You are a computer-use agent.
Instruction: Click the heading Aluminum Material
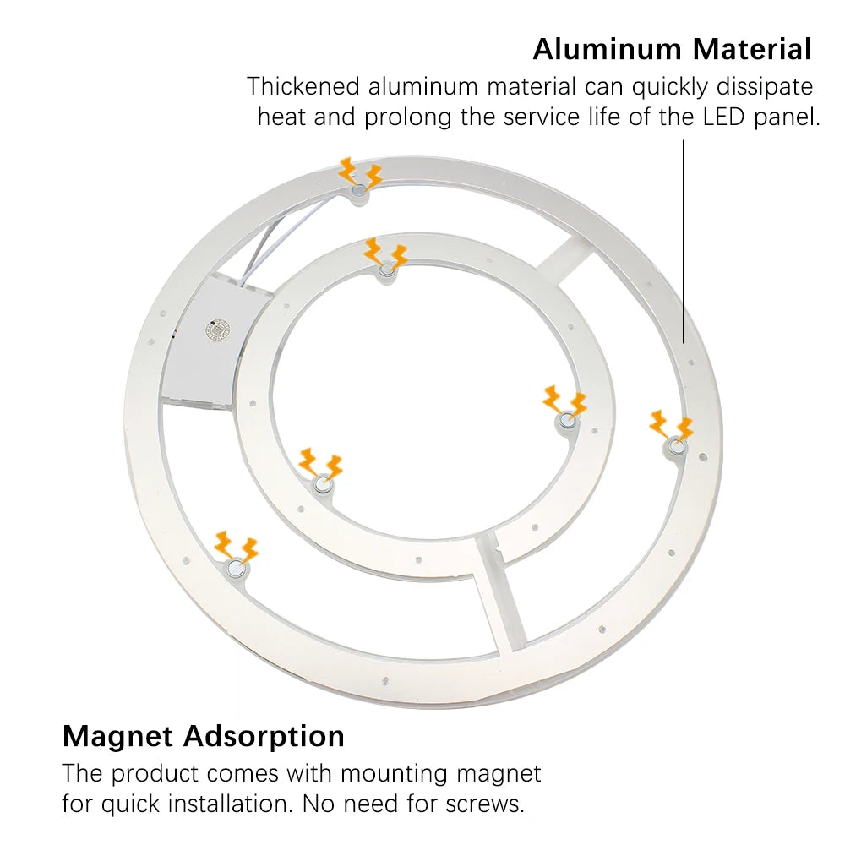tap(672, 50)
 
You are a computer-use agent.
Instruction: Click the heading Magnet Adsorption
tap(203, 737)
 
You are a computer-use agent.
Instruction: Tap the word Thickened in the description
tap(303, 86)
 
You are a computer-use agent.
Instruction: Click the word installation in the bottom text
tap(232, 804)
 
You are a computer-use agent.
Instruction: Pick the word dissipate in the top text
tap(764, 86)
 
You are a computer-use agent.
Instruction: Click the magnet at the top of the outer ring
tap(357, 190)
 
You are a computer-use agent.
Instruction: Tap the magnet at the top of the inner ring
tap(386, 270)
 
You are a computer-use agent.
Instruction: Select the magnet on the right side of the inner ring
tap(566, 419)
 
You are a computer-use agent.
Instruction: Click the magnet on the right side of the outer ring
tap(676, 445)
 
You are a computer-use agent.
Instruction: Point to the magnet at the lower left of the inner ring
tap(323, 483)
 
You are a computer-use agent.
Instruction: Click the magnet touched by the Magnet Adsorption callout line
tap(237, 567)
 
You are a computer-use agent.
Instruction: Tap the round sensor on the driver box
tap(218, 330)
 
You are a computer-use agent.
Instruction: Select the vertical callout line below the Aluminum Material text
tap(684, 242)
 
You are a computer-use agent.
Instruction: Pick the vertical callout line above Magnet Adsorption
tap(237, 646)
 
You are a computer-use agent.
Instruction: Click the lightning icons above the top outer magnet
tap(360, 173)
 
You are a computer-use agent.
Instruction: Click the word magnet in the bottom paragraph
tap(499, 774)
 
